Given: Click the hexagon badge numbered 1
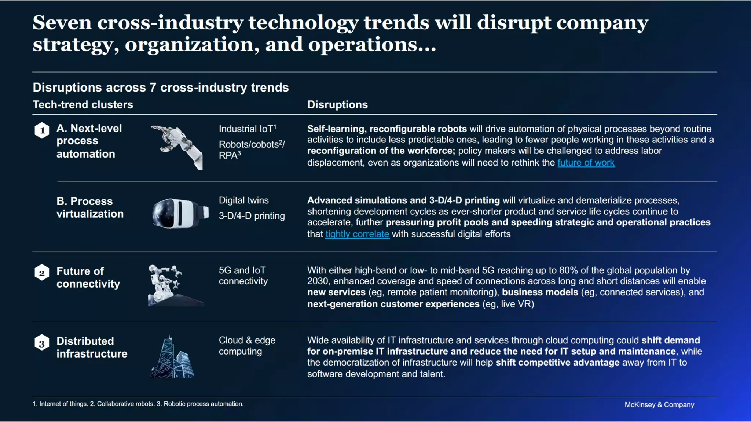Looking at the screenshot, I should (x=42, y=130).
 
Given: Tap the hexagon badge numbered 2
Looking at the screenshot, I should (x=42, y=273).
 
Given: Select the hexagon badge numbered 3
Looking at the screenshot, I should (x=42, y=343).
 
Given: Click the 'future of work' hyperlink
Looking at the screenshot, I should (x=586, y=163).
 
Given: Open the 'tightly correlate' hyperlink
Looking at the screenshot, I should (x=357, y=234).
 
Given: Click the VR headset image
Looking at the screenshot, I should (x=180, y=213).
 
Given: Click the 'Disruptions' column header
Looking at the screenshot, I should (x=337, y=105).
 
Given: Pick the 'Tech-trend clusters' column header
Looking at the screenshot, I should (x=83, y=105).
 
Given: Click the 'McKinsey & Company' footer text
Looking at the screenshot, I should (x=659, y=405).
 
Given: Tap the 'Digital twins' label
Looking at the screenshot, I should (x=243, y=200).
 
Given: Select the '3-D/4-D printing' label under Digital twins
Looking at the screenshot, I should (x=252, y=216).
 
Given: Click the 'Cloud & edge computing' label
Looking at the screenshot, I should (x=247, y=345).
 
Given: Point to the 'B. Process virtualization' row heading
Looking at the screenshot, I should (x=90, y=207).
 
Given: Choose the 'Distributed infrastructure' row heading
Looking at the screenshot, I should (x=92, y=347).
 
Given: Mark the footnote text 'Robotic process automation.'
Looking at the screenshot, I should (x=204, y=404).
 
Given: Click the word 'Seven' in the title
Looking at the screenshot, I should (x=62, y=23).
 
